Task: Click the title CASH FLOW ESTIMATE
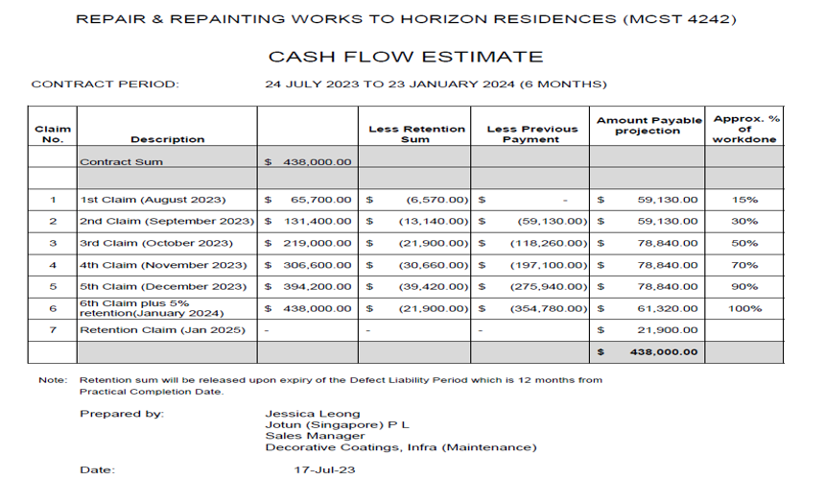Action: click(x=405, y=57)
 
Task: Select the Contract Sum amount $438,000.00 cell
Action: click(x=308, y=162)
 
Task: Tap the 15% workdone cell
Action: click(x=744, y=200)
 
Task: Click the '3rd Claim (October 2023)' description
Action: click(x=156, y=243)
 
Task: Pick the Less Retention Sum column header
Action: click(x=417, y=133)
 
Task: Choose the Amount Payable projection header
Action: click(x=648, y=126)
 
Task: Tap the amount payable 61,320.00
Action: click(x=667, y=308)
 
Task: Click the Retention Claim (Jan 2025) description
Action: click(x=162, y=330)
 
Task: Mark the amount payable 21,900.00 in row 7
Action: click(x=667, y=330)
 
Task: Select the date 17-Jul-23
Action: click(x=320, y=470)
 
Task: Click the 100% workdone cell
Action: click(x=744, y=308)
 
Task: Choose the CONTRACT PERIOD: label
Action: click(x=106, y=84)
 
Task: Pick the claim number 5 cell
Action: click(x=53, y=286)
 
